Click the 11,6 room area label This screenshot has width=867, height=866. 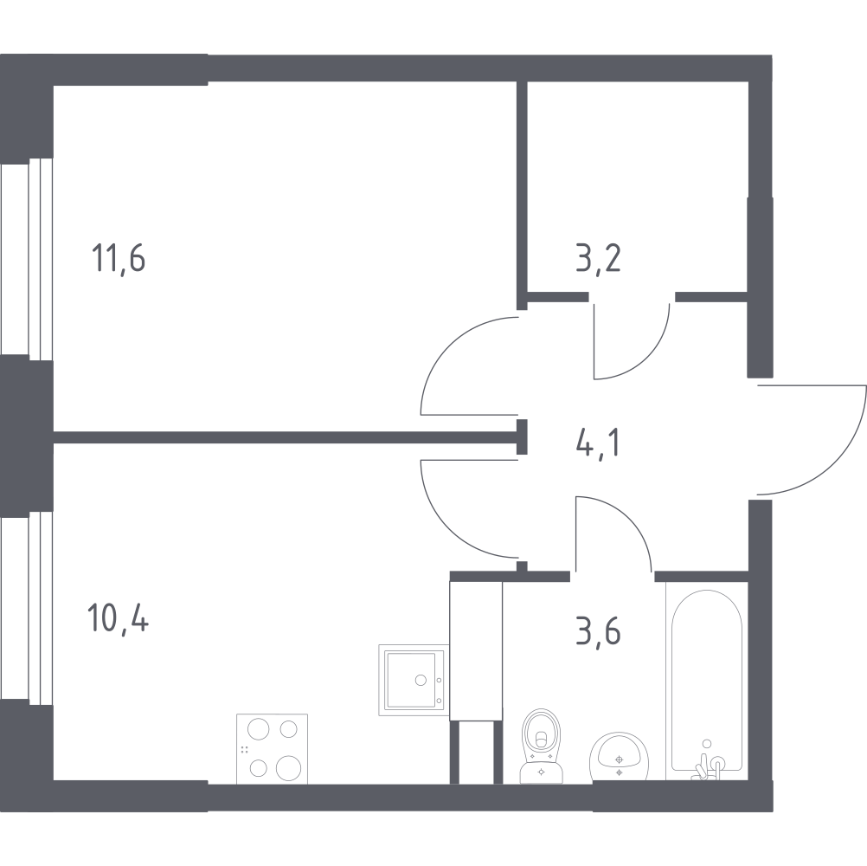[x=119, y=258]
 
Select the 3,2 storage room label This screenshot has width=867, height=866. [x=598, y=258]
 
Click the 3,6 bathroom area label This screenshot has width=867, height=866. [x=598, y=631]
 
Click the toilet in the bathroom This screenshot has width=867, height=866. [x=541, y=746]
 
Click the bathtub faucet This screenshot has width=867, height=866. [x=707, y=766]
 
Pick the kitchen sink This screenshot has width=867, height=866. [x=414, y=680]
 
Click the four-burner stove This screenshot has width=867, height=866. [x=272, y=749]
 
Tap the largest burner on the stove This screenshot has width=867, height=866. [x=288, y=767]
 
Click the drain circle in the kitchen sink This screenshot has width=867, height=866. [x=421, y=680]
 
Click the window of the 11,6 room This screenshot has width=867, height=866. [x=27, y=260]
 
